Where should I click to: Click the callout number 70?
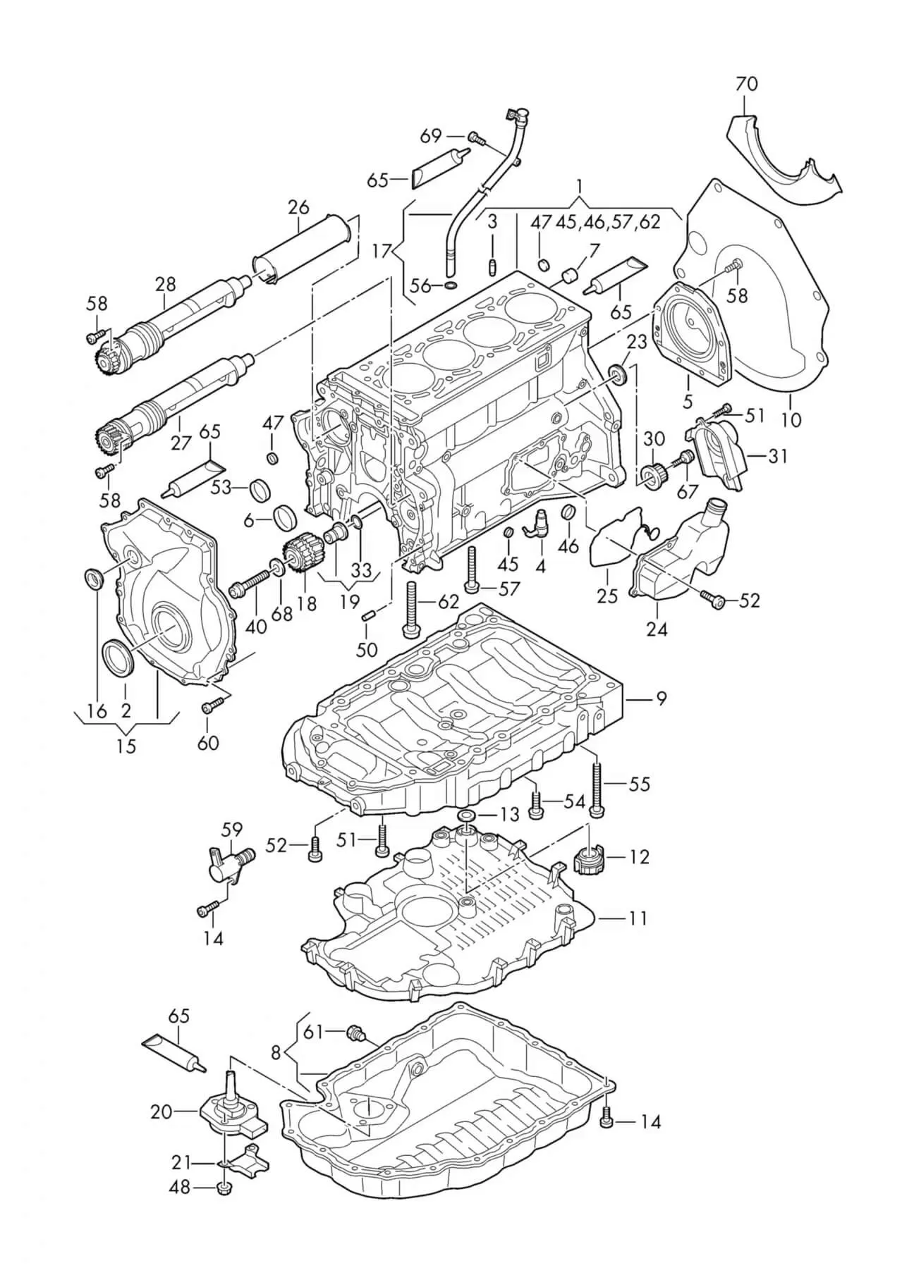746,85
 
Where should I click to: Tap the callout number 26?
298,208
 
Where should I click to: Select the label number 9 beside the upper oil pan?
661,698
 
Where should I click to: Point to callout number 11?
638,918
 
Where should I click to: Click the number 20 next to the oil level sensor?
161,1111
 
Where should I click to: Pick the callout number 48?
181,1187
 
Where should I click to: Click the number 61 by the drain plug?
313,1032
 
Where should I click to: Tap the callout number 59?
231,829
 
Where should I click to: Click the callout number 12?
639,857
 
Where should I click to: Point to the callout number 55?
639,784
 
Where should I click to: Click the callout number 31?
777,457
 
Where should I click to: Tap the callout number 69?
431,135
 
